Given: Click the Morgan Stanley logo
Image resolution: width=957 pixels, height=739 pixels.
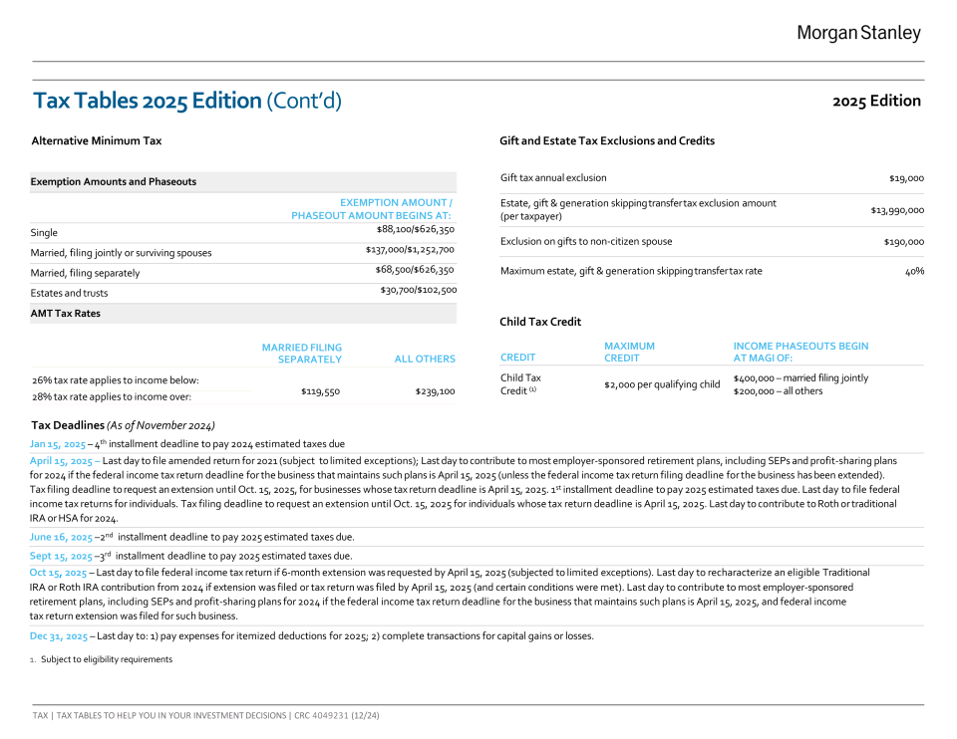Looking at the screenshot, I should click(858, 34).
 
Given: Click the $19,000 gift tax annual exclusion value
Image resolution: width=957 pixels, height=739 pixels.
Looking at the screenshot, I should click(906, 178).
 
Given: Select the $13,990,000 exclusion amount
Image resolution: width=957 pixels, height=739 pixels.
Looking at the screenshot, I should click(897, 210).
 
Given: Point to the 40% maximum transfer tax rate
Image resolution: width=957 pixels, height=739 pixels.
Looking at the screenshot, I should click(914, 271).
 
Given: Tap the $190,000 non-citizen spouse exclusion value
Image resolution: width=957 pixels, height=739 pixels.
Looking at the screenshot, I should click(903, 242).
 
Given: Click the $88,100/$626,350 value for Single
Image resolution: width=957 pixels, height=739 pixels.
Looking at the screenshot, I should click(415, 229).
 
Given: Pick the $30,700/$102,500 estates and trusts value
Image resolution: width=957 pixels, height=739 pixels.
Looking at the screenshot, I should click(418, 290).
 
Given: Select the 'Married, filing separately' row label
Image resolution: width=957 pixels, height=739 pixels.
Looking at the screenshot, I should click(85, 273).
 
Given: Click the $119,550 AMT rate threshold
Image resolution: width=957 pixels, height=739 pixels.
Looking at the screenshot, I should click(320, 391).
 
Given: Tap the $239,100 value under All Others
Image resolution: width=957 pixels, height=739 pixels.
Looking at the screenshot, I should click(435, 391).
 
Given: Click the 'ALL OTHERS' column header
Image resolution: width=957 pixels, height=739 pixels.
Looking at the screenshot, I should click(425, 360).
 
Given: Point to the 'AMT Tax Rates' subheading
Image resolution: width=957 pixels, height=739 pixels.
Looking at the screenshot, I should click(65, 314).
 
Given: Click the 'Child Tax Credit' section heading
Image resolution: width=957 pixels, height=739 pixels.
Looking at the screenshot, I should click(539, 322).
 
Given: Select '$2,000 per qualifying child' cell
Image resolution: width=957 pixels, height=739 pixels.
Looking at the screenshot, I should click(662, 384).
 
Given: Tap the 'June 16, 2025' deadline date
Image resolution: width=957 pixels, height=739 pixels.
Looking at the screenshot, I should click(62, 537).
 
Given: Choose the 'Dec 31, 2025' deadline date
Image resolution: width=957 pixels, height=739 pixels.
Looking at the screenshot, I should click(59, 635).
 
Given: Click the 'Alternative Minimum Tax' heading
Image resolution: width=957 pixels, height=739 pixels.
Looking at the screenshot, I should click(96, 141).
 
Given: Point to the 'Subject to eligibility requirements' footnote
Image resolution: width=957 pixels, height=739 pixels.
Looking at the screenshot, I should click(107, 659).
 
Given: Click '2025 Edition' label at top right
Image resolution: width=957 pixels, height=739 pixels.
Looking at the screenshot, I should click(876, 101).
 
